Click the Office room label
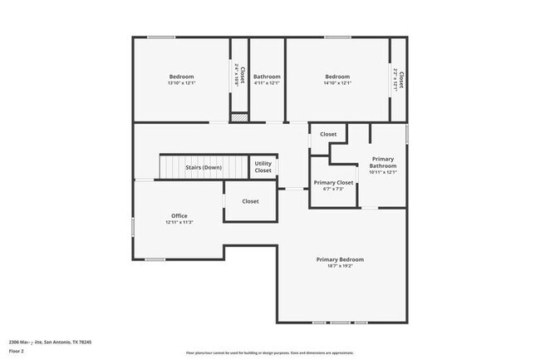pos(179,215)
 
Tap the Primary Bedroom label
pos(340,259)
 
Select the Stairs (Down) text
pos(203,168)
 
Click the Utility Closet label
pos(263,167)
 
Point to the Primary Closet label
pos(332,182)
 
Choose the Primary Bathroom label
pos(383,162)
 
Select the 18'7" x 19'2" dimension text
pos(340,267)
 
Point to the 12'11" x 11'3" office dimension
pos(179,223)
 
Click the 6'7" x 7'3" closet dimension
pos(332,190)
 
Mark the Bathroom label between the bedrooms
pos(267,76)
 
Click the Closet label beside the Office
pos(250,201)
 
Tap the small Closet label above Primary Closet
pos(328,134)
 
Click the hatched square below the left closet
pos(239,117)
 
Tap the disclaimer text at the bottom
pos(270,353)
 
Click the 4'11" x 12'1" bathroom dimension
pos(267,83)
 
